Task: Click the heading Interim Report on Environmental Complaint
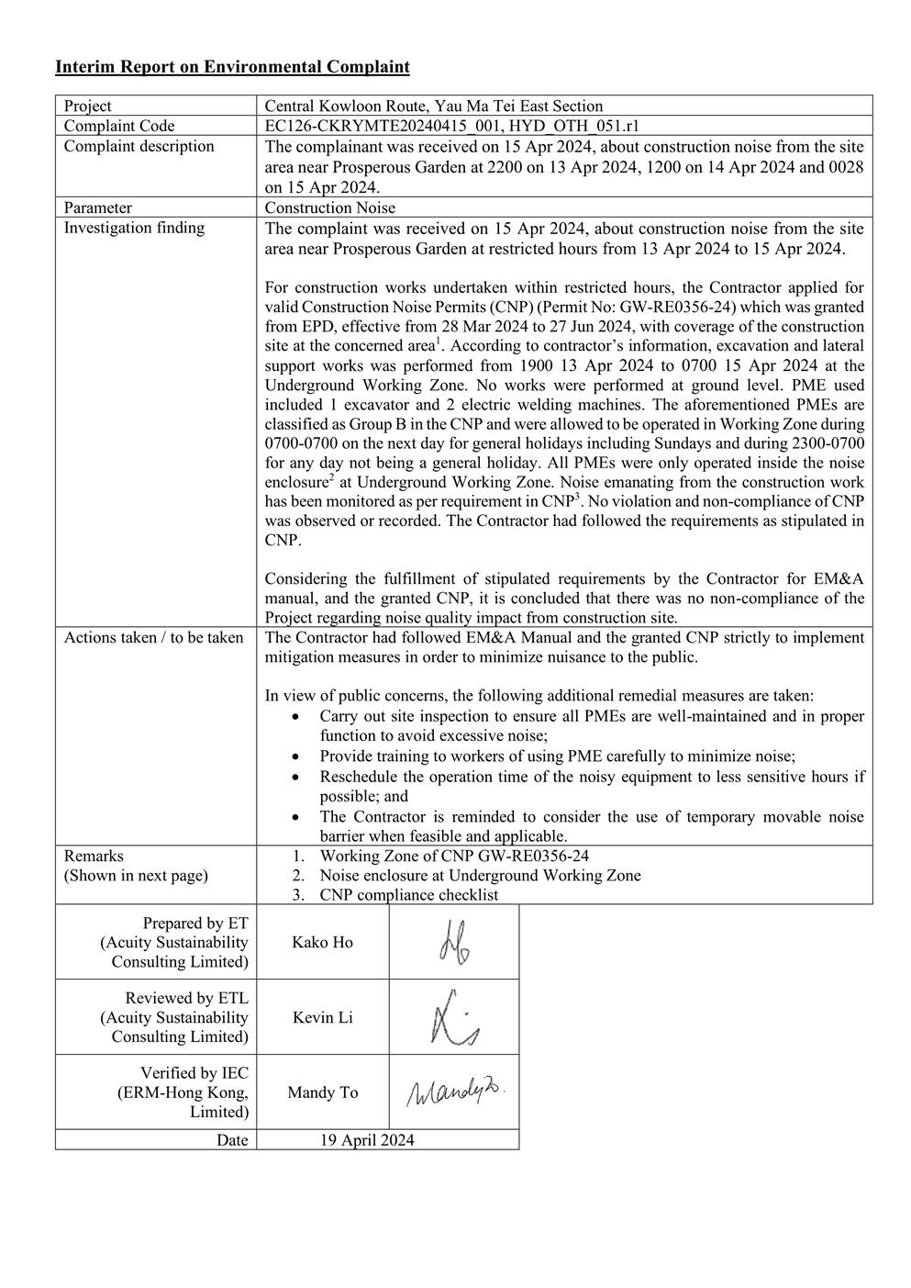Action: pos(232,67)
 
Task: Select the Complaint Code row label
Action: pos(119,126)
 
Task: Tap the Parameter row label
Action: pos(98,207)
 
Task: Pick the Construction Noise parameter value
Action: pos(330,207)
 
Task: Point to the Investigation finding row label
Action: pos(134,228)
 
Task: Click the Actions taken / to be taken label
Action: pos(153,637)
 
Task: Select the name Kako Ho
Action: pos(322,942)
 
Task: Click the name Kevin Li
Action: pos(322,1017)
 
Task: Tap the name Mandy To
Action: pos(322,1092)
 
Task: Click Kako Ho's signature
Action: pos(454,943)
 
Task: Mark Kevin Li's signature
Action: pos(454,1018)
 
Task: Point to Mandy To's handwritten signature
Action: pos(455,1092)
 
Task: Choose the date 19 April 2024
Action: pos(367,1140)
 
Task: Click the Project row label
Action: pos(88,106)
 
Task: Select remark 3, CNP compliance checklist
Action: pos(408,895)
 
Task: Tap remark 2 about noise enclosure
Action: pos(480,875)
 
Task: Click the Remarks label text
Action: pos(94,856)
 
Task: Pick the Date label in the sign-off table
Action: pos(232,1140)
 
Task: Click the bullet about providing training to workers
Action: pos(557,756)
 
